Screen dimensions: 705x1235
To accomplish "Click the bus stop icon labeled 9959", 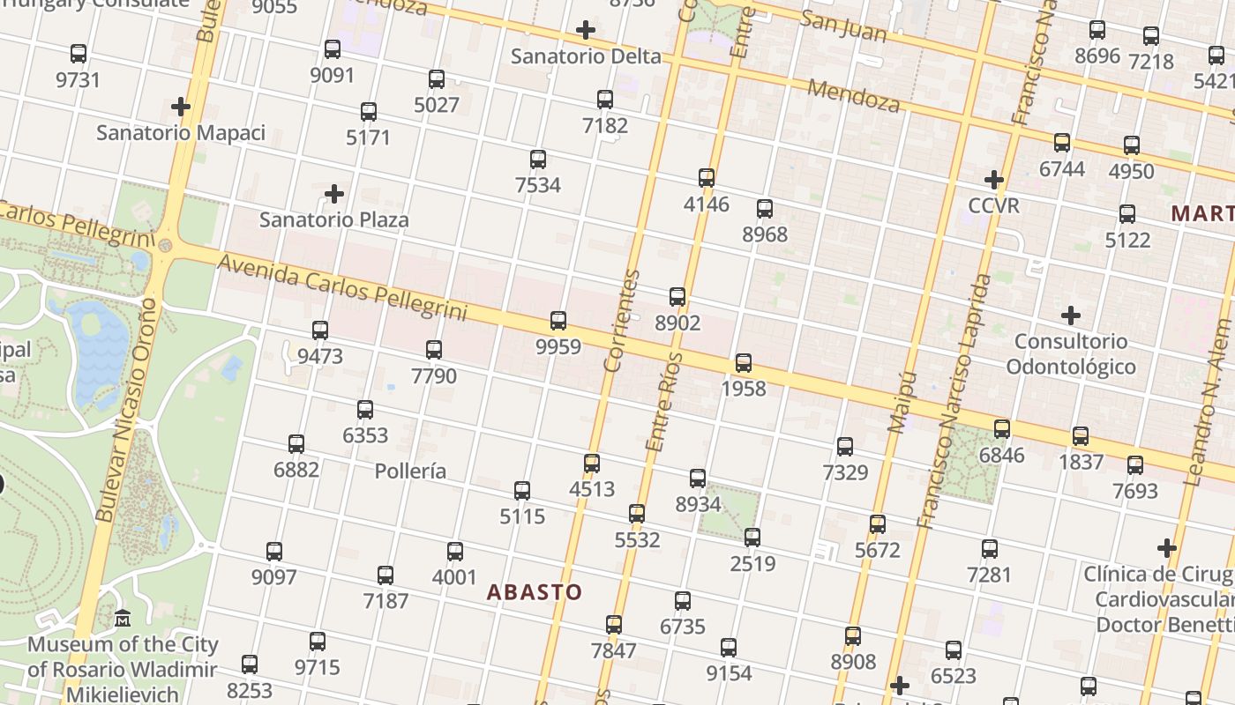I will tap(558, 320).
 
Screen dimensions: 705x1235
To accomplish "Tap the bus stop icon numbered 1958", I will tap(743, 363).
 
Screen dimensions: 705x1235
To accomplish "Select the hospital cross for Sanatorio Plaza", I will tap(333, 193).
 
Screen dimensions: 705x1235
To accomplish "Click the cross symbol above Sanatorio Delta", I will tap(585, 31).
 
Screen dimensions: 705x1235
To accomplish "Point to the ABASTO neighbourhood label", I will tap(535, 592).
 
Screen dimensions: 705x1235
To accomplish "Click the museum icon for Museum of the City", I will tap(122, 619).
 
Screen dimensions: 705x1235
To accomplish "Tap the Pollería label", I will tap(410, 471).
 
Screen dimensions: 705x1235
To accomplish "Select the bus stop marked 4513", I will tap(591, 463).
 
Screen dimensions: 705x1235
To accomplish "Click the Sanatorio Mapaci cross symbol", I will tap(180, 107).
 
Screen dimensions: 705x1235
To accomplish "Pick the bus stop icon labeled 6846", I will tap(1001, 429).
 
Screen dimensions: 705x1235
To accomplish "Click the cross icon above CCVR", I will tap(993, 180).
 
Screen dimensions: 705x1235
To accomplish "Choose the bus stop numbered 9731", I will tap(78, 54).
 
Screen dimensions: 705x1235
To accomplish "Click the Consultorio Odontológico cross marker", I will tap(1070, 315).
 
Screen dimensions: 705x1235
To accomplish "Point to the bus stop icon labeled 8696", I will tap(1097, 30).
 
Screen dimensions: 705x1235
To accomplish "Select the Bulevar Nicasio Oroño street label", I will tap(126, 410).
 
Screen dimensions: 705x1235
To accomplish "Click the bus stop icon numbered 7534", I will tap(537, 160).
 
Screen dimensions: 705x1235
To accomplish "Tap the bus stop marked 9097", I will tap(273, 552).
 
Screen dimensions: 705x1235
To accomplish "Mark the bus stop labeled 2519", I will tap(752, 537).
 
